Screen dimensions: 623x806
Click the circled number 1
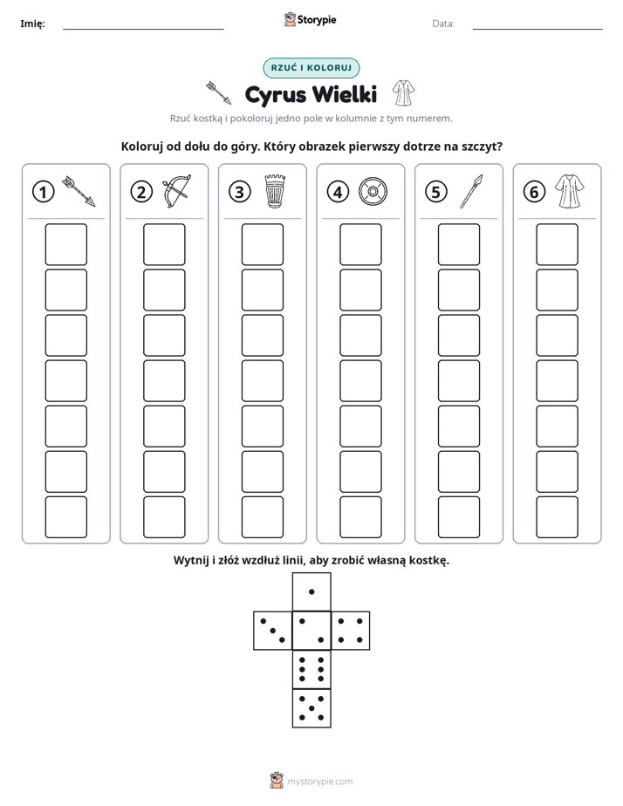43,192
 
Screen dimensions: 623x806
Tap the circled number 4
338,192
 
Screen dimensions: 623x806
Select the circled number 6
534,192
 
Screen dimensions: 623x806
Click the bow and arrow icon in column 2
176,191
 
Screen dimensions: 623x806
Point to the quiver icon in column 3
275,191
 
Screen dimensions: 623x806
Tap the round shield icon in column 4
373,192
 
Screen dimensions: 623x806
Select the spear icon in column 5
471,191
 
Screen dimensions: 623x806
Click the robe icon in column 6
570,191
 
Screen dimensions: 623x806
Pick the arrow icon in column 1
79,191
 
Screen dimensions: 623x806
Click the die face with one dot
311,591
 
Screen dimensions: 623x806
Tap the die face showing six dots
311,669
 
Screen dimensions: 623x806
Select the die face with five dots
311,707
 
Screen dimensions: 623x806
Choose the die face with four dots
351,631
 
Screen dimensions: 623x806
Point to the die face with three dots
273,631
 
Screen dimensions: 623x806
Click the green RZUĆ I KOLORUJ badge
311,68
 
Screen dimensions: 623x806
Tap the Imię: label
32,24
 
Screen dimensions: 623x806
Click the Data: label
443,24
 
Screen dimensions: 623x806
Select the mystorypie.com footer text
319,782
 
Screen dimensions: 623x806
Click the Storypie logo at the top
311,19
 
